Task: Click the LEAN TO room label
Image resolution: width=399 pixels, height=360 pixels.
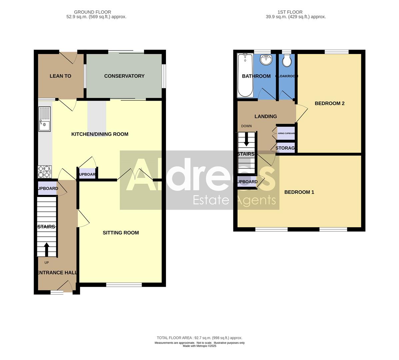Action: point(60,76)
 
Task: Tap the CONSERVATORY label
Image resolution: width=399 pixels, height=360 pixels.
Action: point(124,76)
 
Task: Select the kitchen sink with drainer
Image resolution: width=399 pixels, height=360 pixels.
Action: point(45,119)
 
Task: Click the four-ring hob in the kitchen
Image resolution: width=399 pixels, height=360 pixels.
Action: point(44,172)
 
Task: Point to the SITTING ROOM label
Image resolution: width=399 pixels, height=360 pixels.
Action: point(121,233)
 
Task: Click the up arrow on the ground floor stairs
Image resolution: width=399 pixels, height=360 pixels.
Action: point(46,249)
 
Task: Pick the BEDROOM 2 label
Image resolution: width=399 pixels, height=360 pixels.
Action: point(329,103)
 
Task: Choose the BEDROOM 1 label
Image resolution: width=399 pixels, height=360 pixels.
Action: point(299,192)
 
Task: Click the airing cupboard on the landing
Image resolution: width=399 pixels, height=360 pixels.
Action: point(286,133)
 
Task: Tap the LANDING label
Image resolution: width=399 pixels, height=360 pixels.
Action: point(266,116)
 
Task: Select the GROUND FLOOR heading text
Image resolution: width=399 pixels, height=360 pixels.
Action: point(92,12)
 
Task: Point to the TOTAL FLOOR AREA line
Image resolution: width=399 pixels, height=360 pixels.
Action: point(199,338)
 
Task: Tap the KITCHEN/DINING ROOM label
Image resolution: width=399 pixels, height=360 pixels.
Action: point(100,134)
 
